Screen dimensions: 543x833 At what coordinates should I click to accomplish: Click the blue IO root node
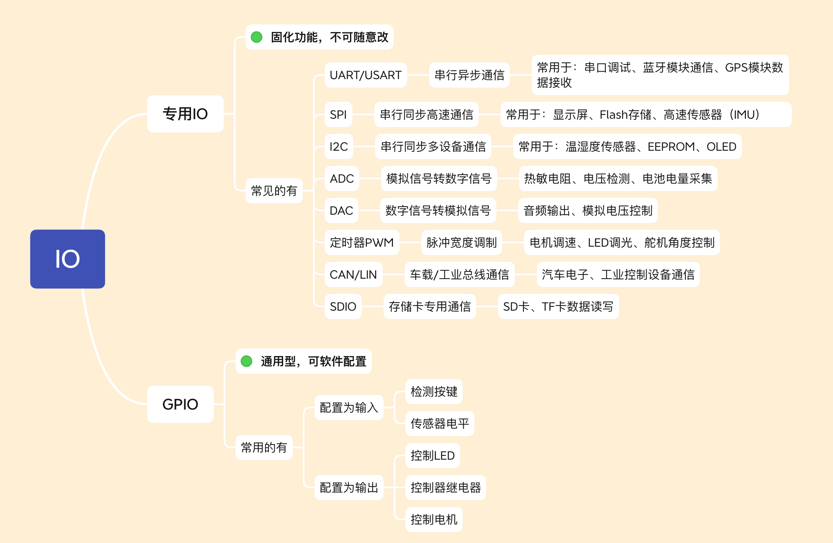[x=67, y=259]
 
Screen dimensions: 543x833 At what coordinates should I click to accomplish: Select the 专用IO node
[x=185, y=114]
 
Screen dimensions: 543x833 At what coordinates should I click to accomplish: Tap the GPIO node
[x=180, y=404]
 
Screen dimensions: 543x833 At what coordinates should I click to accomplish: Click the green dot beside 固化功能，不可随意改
[x=257, y=37]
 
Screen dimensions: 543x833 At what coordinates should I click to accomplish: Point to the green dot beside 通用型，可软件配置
[x=247, y=361]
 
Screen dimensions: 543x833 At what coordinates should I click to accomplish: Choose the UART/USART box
[x=366, y=75]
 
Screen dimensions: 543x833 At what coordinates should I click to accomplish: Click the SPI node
[x=338, y=114]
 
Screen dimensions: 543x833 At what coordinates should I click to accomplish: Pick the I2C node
[x=339, y=146]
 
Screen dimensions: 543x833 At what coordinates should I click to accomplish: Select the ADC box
[x=342, y=178]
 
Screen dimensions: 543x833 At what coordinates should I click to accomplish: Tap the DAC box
[x=341, y=210]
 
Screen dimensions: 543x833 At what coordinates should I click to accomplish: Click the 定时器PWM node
[x=362, y=242]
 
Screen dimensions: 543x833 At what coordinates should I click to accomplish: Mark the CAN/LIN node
[x=353, y=274]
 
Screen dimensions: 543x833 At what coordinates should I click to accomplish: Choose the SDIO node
[x=343, y=306]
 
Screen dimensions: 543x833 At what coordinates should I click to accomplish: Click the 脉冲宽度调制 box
[x=462, y=242]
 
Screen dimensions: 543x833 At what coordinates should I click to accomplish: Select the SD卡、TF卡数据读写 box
[x=558, y=306]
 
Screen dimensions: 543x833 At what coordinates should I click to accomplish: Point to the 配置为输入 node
[x=349, y=407]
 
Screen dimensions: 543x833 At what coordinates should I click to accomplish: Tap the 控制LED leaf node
[x=432, y=455]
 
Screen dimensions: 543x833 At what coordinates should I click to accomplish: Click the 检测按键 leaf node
[x=434, y=391]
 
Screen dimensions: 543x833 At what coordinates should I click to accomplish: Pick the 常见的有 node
[x=274, y=191]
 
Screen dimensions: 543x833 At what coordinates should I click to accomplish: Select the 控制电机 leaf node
[x=434, y=519]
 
